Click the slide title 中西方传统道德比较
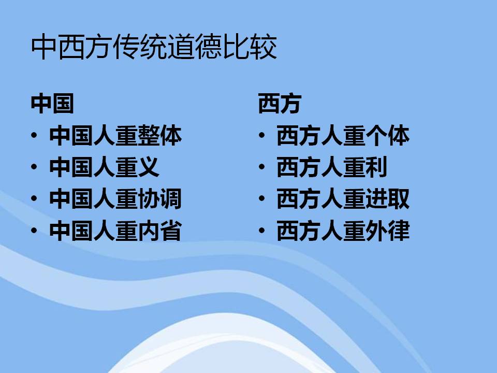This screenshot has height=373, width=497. tap(154, 47)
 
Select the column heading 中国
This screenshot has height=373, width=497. tap(52, 104)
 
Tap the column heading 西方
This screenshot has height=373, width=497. tap(280, 104)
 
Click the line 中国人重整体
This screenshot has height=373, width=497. tap(115, 136)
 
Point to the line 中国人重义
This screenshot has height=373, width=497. tap(104, 167)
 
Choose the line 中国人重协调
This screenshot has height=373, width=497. tap(115, 199)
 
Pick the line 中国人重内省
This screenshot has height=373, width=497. tap(115, 231)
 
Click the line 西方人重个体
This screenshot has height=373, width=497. tap(343, 136)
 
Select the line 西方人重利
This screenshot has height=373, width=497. tap(332, 167)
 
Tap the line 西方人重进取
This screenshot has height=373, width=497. tap(343, 199)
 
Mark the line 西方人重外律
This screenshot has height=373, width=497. tap(343, 231)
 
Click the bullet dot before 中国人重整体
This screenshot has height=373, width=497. tap(34, 135)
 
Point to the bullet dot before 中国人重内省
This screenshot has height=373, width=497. tap(34, 231)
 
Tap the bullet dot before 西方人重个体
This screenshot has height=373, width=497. tap(261, 135)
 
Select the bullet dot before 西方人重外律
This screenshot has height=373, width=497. tap(261, 231)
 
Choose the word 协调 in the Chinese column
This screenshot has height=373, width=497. tap(160, 199)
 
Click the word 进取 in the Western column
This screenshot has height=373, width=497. tap(387, 199)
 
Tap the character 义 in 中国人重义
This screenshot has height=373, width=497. tap(149, 167)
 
